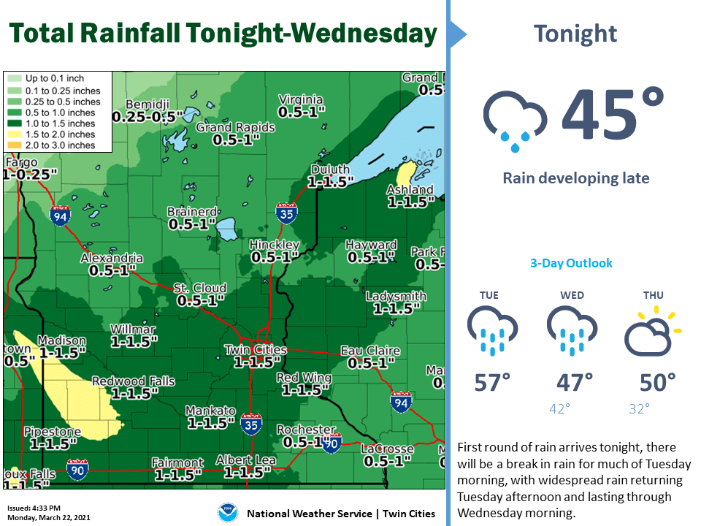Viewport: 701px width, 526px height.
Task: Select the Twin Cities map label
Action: [x=255, y=350]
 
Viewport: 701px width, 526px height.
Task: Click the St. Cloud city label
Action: [x=200, y=288]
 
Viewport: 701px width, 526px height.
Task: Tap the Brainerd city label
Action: [x=191, y=212]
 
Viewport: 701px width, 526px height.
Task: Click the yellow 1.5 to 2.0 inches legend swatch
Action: [x=14, y=134]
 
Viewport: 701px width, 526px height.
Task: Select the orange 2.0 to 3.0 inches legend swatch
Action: [x=14, y=145]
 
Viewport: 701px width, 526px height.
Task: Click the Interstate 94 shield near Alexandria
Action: [x=61, y=216]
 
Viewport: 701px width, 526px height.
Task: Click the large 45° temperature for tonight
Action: [x=613, y=115]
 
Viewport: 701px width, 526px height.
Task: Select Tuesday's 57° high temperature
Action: [x=493, y=382]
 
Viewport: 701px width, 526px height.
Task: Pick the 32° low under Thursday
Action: [x=639, y=409]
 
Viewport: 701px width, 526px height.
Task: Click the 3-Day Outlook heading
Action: [x=571, y=263]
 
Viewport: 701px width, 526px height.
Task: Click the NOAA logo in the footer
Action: [x=228, y=513]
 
